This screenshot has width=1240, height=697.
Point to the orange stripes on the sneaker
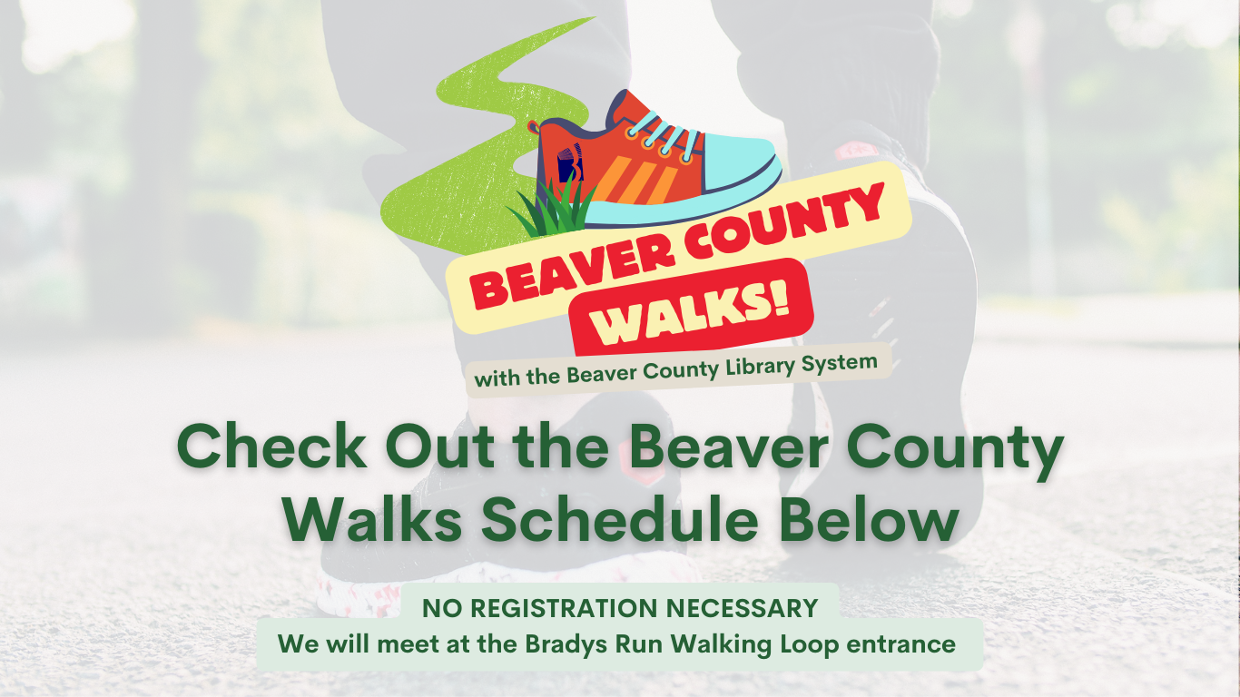(636, 178)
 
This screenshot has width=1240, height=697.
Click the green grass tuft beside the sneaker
(554, 211)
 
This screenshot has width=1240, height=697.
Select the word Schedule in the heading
(619, 519)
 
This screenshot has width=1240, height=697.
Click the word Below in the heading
(869, 519)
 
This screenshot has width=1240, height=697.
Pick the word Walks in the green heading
(372, 519)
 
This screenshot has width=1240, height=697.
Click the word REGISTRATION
(566, 608)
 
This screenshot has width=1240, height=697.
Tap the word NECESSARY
(743, 608)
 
